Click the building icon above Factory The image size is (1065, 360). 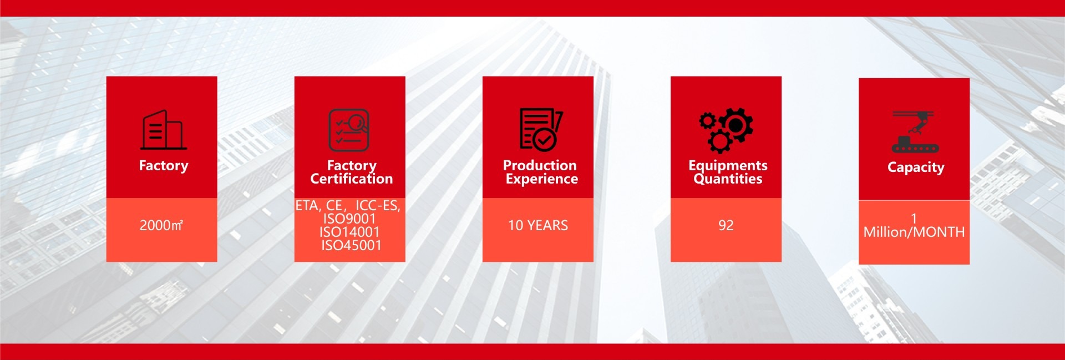(x=164, y=130)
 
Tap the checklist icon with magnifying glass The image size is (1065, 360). (x=349, y=130)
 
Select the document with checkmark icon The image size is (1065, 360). (x=541, y=129)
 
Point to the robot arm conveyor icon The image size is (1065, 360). (x=915, y=131)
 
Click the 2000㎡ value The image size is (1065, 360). (x=161, y=225)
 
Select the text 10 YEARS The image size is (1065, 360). (x=538, y=225)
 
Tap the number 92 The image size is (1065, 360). (x=726, y=225)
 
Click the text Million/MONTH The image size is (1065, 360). (x=914, y=232)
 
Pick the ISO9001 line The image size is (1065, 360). (x=349, y=219)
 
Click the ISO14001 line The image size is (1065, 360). (x=349, y=232)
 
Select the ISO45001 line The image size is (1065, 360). (x=352, y=245)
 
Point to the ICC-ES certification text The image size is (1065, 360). (x=378, y=205)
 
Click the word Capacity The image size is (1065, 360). (x=916, y=167)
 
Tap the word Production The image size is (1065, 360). (x=540, y=165)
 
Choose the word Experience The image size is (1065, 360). (x=542, y=179)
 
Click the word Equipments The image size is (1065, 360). (x=728, y=165)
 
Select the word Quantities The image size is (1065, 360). (x=728, y=179)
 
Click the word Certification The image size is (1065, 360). (x=352, y=179)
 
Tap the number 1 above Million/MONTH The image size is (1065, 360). (x=914, y=219)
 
